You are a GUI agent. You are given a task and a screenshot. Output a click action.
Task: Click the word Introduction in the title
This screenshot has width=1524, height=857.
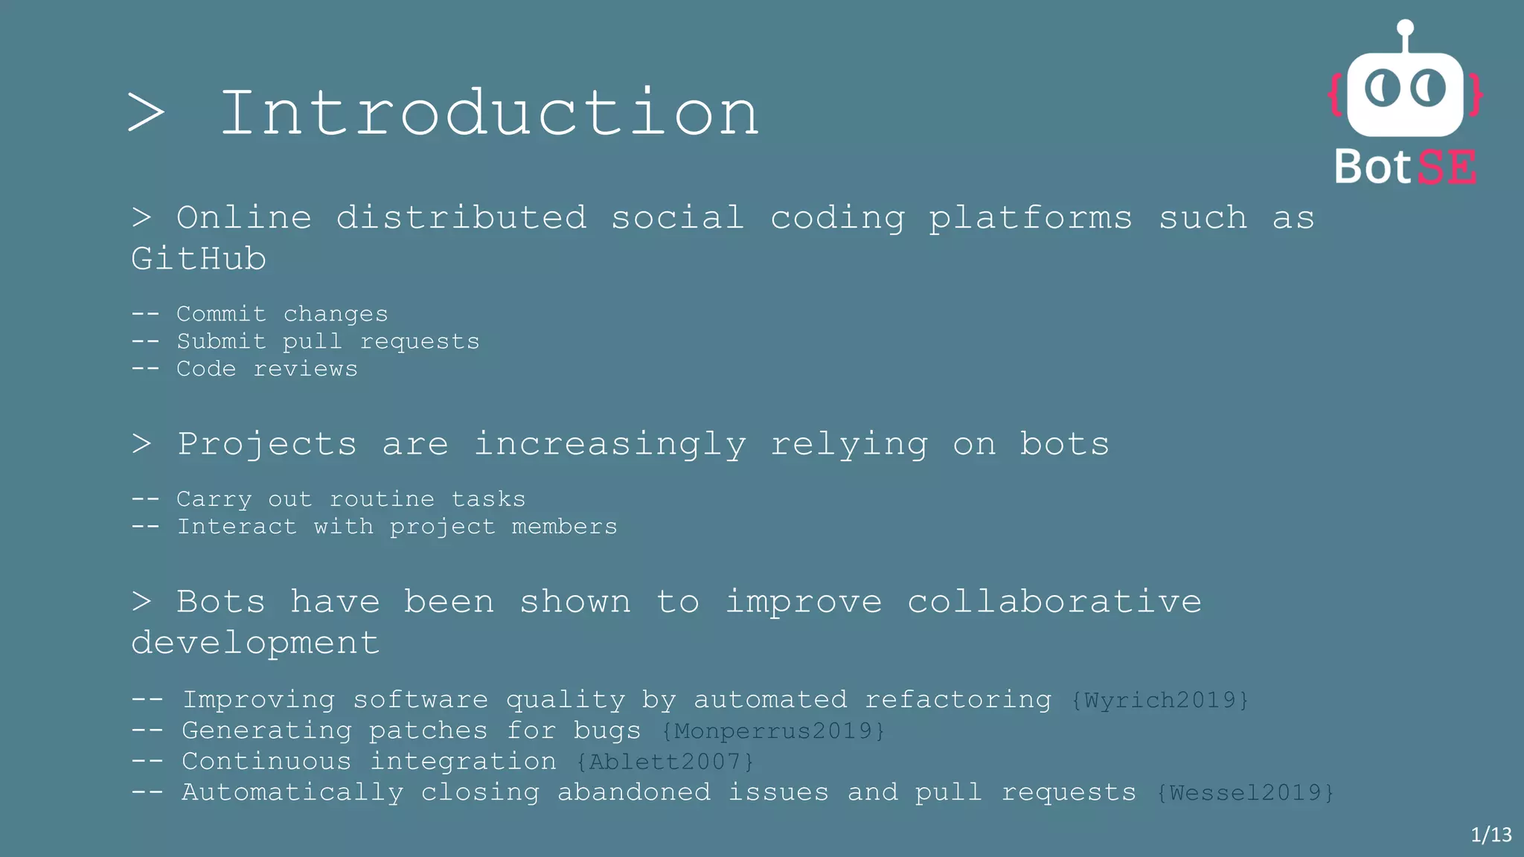[x=489, y=113]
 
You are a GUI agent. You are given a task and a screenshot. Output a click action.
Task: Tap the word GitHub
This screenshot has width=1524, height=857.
[x=199, y=259]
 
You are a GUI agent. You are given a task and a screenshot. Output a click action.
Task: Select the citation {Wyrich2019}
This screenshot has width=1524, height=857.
[x=1159, y=700]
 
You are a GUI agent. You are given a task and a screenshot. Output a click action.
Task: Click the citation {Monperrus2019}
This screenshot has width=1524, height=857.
[x=773, y=731]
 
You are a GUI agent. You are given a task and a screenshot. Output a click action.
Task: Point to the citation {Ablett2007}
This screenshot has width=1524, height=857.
[x=665, y=762]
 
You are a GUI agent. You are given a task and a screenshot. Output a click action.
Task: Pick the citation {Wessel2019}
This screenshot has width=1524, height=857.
[x=1245, y=792]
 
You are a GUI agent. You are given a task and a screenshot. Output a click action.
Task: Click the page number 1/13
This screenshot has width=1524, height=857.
[x=1491, y=835]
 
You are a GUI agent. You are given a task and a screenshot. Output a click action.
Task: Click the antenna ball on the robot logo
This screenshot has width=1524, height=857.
[x=1405, y=28]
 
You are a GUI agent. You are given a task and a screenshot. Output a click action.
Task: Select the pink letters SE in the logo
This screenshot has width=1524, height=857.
[x=1447, y=167]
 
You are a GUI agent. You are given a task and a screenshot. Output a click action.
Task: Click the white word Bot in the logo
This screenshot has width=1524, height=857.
[x=1372, y=167]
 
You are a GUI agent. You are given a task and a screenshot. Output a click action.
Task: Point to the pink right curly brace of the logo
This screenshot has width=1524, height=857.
[x=1475, y=94]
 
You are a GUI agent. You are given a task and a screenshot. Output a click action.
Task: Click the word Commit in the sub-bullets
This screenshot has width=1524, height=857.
[x=221, y=314]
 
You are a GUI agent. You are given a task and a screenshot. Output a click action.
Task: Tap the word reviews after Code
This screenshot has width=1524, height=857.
[x=305, y=369]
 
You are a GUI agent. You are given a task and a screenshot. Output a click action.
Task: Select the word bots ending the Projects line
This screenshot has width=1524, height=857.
[x=1064, y=444]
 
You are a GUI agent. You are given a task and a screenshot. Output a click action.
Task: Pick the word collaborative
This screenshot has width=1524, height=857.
[x=1054, y=601]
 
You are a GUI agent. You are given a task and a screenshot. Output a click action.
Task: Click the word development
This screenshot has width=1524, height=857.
[x=255, y=643]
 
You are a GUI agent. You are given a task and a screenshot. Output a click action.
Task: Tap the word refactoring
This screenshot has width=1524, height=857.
[x=958, y=700]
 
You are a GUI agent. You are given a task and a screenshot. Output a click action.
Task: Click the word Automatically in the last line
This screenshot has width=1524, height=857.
[x=292, y=792]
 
